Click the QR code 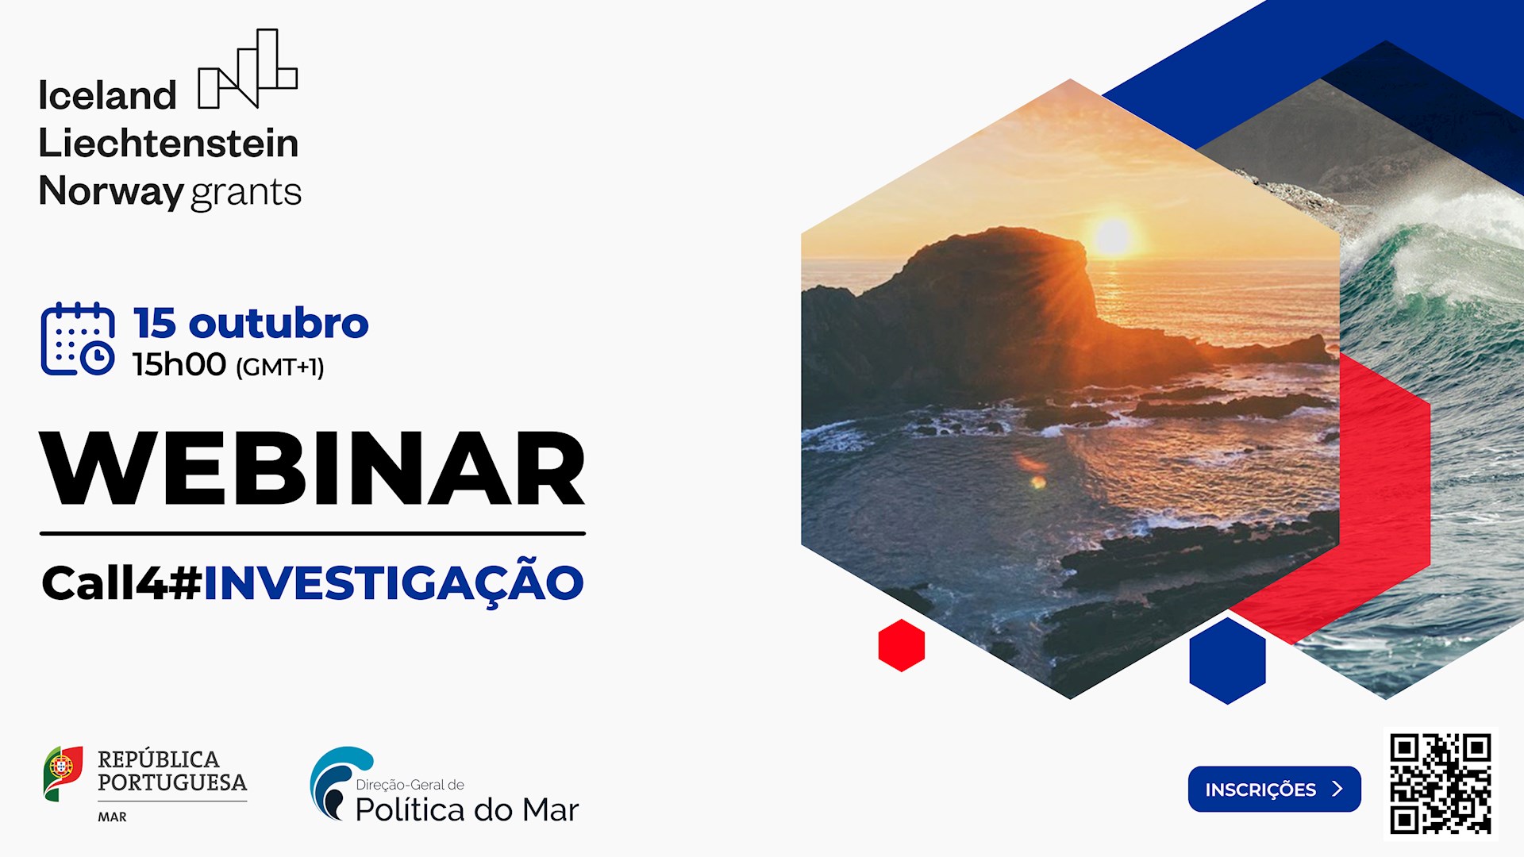(1440, 783)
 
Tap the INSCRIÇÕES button (1274, 789)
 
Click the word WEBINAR (312, 469)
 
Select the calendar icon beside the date (78, 339)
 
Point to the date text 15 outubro (251, 323)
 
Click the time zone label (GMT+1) (279, 367)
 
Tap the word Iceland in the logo (107, 96)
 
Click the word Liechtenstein (168, 144)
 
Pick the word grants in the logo (246, 193)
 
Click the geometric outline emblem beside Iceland (248, 69)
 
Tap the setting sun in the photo (1112, 236)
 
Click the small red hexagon (901, 645)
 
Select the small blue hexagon (1227, 660)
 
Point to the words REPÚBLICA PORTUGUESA (171, 771)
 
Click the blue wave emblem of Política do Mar (338, 782)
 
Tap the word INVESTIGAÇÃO (394, 583)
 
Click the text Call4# (121, 583)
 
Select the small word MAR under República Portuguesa (112, 817)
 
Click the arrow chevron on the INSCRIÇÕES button (1337, 789)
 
